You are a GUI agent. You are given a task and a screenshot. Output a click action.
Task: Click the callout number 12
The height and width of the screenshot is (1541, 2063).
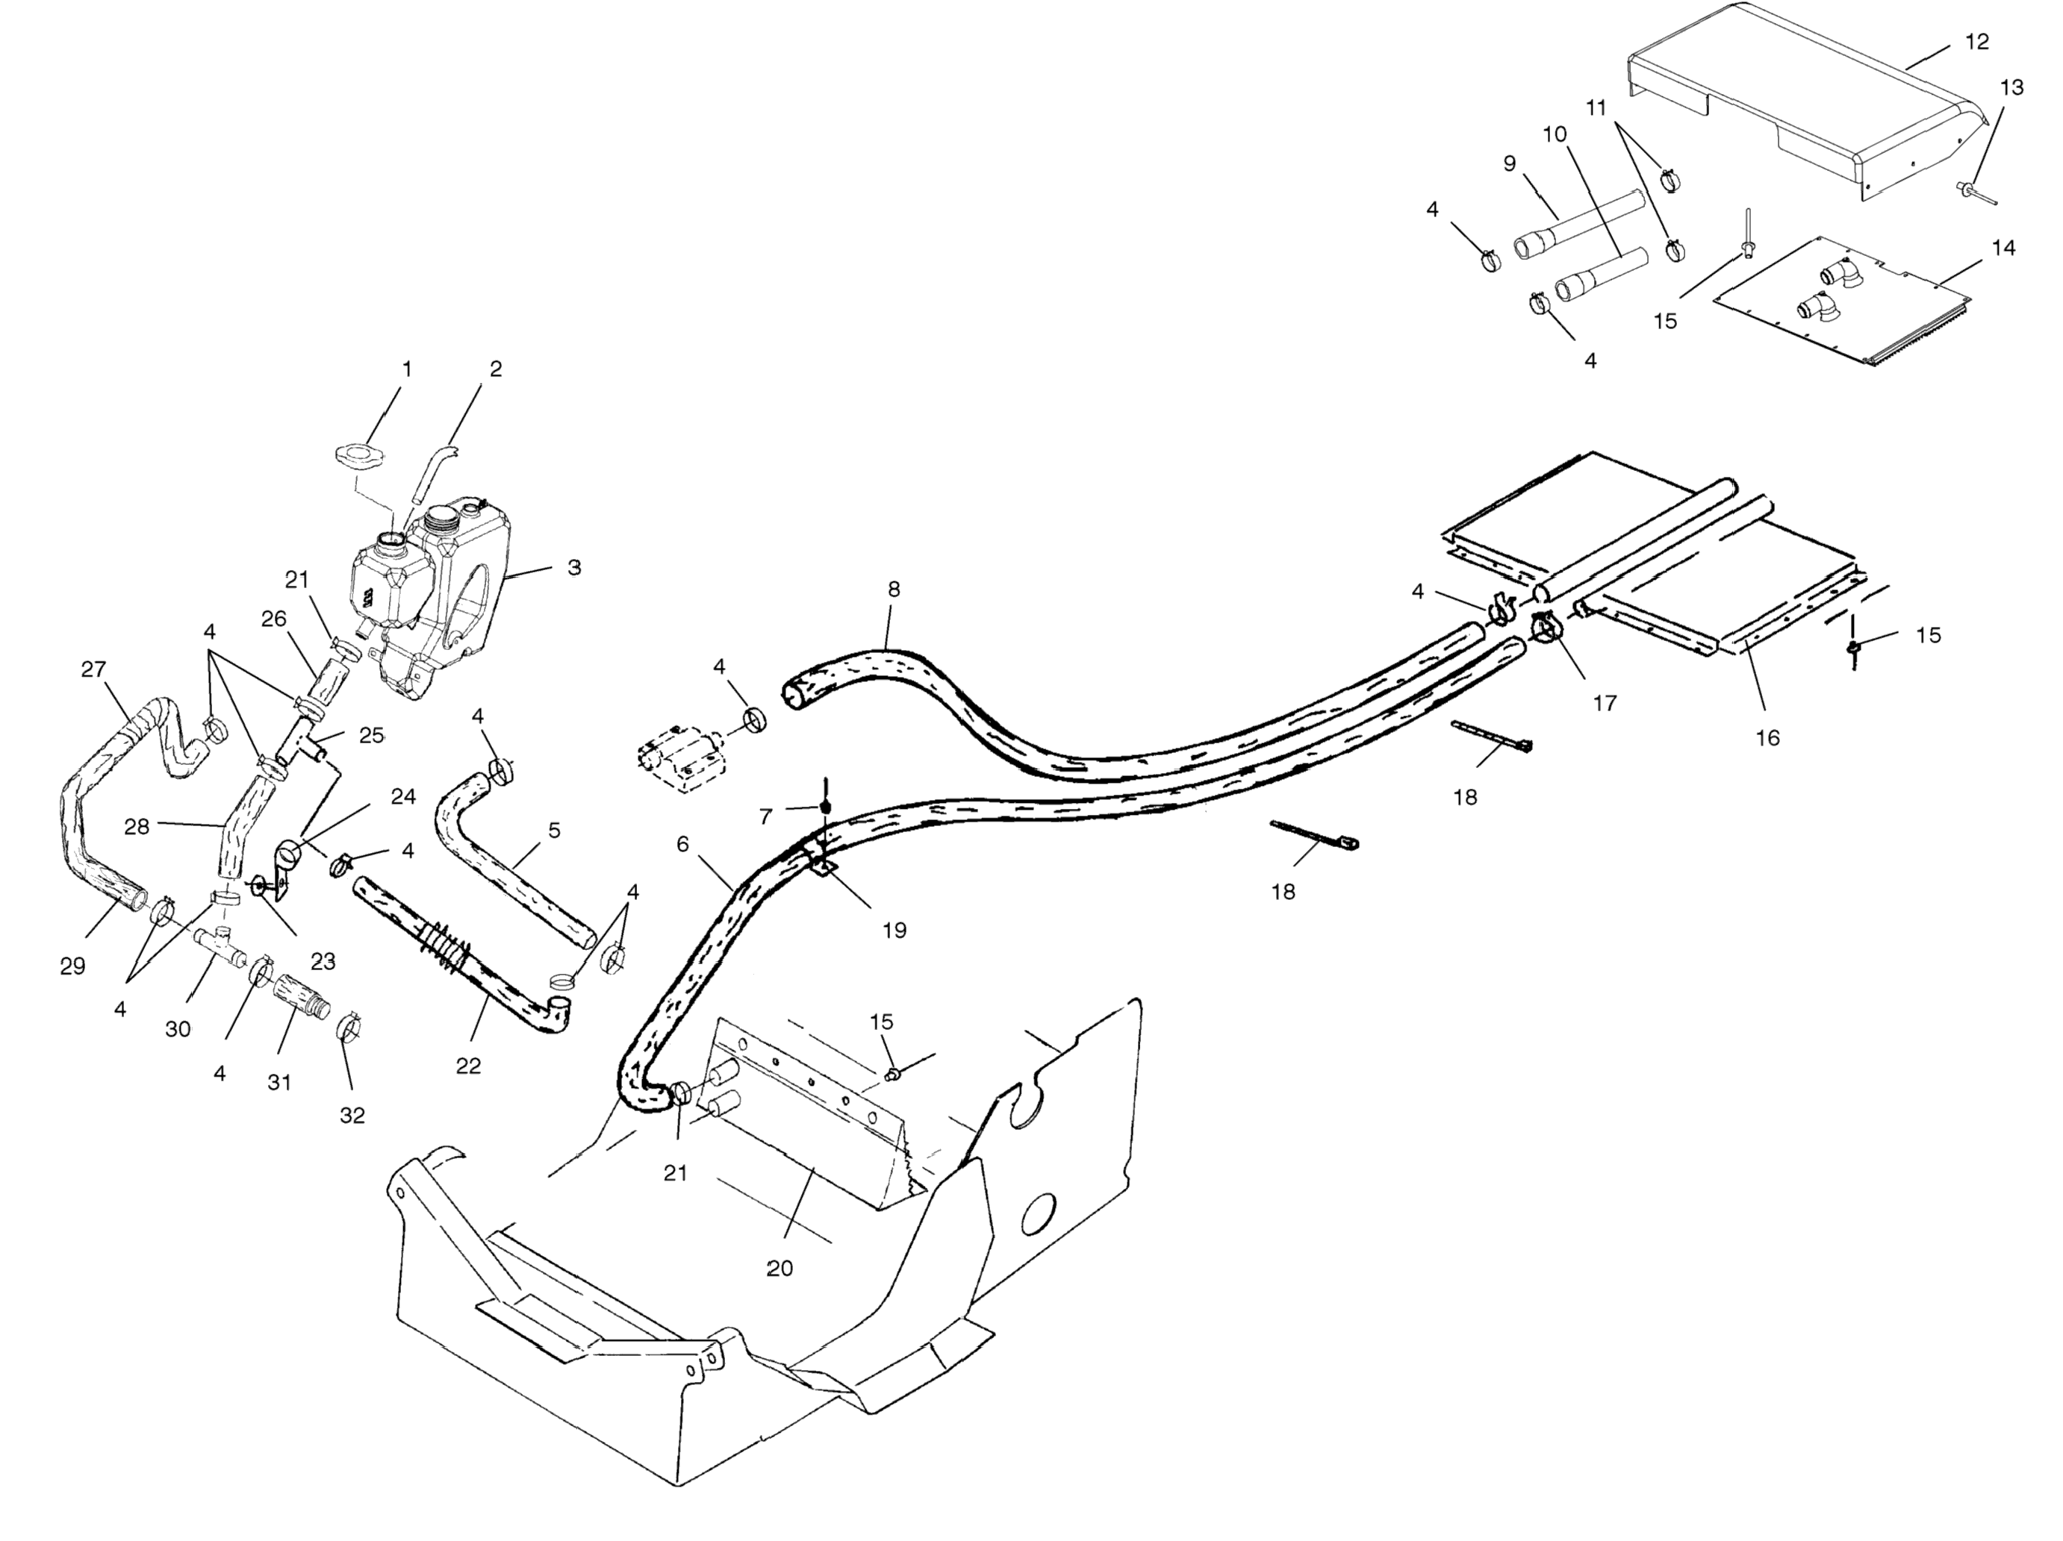1976,42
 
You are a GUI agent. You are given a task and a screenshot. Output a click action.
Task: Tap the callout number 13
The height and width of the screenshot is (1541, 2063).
2011,87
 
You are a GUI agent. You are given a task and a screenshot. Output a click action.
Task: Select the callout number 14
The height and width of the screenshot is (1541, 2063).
2003,248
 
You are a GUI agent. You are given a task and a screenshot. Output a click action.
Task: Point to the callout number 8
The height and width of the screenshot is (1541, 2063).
894,590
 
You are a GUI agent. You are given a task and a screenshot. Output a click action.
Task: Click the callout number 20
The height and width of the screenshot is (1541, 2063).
780,1268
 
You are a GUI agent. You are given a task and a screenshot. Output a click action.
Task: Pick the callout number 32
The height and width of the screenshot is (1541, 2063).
352,1115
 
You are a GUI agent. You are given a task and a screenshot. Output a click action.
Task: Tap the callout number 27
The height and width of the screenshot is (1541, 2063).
93,669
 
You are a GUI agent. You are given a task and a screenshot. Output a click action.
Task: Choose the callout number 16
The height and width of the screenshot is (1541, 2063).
1767,738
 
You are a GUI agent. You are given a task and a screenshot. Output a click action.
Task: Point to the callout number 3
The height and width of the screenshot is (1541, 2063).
574,567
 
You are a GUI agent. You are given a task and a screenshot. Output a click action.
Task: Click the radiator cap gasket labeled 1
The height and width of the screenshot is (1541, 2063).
359,457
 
